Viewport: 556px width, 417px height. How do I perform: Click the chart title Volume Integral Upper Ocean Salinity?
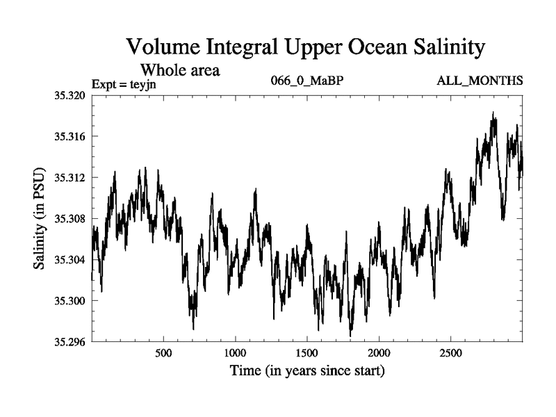coord(306,49)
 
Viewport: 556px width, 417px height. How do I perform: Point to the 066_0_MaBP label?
coord(307,81)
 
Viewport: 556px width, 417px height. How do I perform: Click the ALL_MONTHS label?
coord(480,81)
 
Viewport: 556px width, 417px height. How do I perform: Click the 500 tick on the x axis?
coord(163,353)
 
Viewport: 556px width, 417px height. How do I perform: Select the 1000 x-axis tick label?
coord(235,353)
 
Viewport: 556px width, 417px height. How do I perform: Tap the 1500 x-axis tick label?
coord(306,353)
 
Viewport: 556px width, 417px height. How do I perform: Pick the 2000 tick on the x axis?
coord(379,353)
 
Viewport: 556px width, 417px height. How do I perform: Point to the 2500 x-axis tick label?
coord(450,353)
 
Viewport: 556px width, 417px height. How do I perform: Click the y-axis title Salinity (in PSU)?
coord(41,218)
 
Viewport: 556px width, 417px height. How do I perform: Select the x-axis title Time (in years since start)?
coord(307,371)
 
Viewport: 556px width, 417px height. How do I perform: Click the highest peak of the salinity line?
coord(493,113)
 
